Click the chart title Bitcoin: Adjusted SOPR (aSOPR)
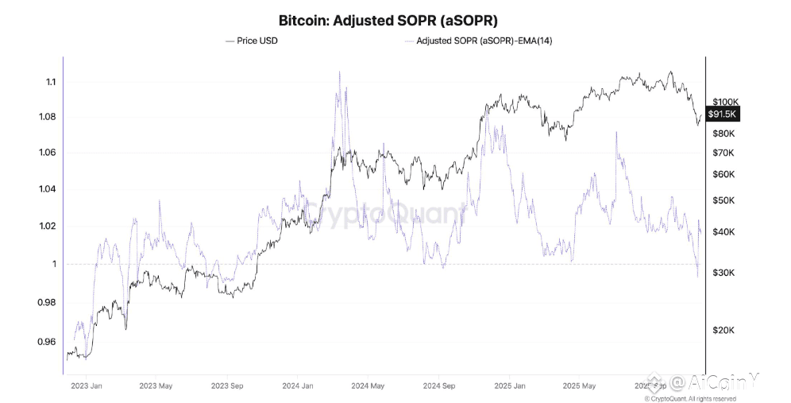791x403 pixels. point(388,19)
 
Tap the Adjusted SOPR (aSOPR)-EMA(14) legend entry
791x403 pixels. point(478,40)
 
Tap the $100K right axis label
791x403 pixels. point(726,102)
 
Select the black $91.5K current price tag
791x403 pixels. point(723,114)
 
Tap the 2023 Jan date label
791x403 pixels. point(87,386)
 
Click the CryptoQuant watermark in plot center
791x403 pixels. point(387,212)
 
